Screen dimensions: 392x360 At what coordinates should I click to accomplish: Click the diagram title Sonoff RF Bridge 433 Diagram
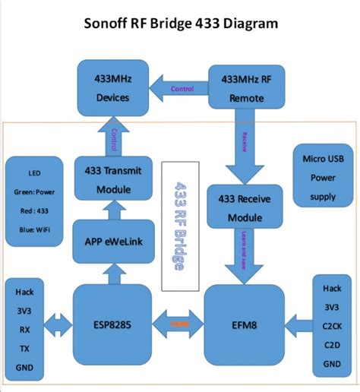click(x=180, y=24)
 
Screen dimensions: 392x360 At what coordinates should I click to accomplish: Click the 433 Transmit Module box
click(x=113, y=179)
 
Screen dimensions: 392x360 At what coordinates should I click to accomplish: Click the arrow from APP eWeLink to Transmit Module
click(x=113, y=207)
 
